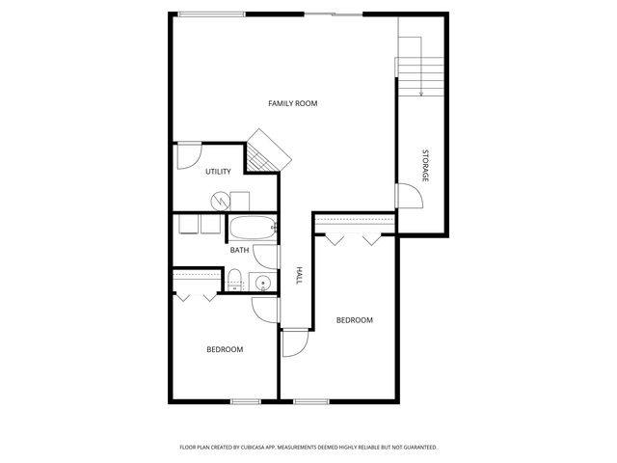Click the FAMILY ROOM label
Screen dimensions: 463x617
[293, 103]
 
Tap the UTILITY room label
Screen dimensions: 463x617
[218, 172]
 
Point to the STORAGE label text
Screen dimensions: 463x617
[424, 166]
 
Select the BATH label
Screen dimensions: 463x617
[239, 251]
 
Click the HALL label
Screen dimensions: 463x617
[299, 276]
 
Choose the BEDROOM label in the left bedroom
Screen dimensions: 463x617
[225, 349]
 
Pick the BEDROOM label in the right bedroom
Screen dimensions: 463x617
[354, 320]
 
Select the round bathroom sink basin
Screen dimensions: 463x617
[260, 283]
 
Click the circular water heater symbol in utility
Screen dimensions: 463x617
[221, 201]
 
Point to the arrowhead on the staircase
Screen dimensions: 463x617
[421, 93]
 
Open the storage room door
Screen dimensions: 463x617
[410, 196]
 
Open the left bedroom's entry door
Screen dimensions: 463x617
[264, 310]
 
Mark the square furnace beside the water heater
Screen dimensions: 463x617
[240, 201]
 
